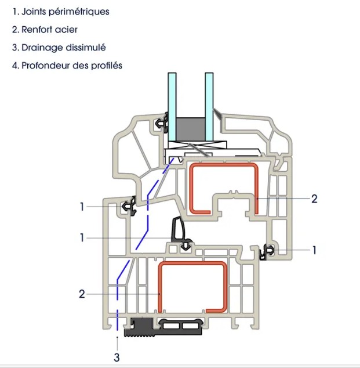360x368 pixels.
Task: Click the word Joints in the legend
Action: coord(34,12)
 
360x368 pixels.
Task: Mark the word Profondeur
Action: coord(46,66)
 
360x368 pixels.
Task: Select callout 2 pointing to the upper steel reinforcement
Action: coord(314,199)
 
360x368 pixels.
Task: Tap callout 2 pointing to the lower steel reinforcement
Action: coord(82,294)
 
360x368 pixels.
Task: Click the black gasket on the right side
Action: coord(267,251)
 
